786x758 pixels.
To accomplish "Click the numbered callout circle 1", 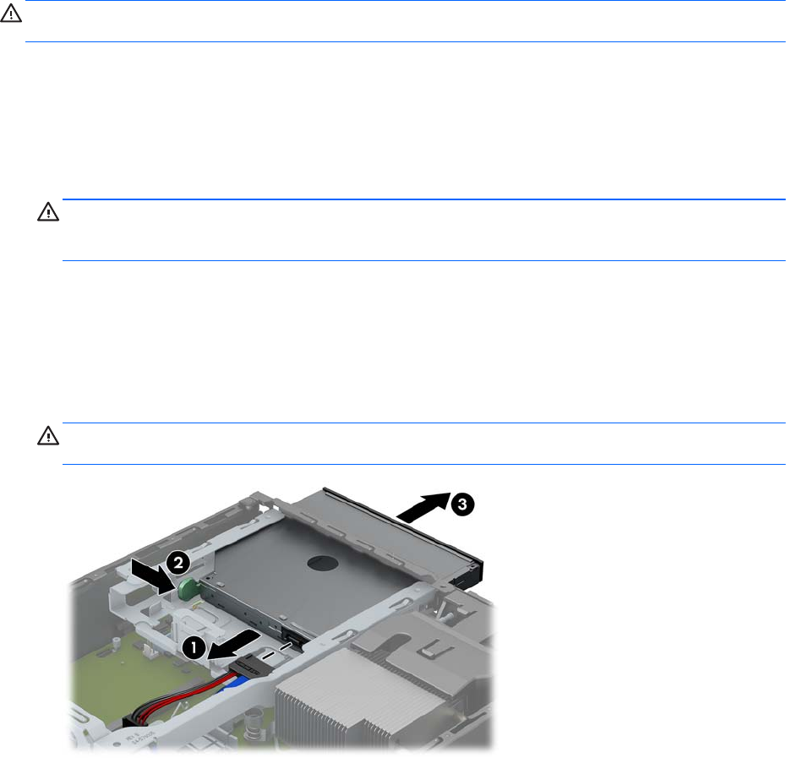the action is tap(194, 648).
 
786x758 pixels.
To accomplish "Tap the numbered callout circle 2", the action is tap(177, 563).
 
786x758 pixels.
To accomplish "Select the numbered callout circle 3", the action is tap(461, 504).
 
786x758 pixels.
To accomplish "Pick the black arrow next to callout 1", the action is tap(233, 646).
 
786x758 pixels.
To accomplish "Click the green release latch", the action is tap(188, 588).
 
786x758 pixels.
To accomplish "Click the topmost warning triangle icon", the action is tap(10, 14).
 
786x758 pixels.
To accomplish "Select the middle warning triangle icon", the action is tap(48, 212).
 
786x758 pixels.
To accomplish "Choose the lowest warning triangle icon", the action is tap(48, 436).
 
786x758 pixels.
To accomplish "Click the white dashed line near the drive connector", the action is tap(276, 651).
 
